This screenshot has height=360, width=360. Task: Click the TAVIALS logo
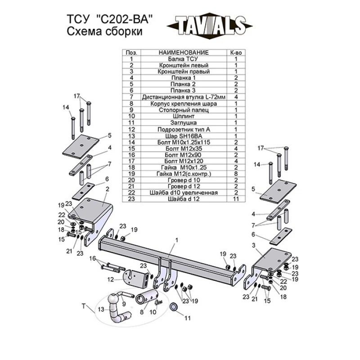209,26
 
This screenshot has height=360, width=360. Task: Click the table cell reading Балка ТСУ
184,59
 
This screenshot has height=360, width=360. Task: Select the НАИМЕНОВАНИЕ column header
184,53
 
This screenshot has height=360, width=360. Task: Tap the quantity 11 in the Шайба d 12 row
236,199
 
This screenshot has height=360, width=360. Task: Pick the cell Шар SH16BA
184,136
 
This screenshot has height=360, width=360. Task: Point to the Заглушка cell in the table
184,123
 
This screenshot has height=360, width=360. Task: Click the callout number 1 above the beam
176,240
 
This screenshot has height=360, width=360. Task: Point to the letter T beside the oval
84,306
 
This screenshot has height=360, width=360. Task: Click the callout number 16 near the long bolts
93,258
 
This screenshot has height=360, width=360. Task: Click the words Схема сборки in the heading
104,31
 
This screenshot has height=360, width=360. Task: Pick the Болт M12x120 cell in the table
184,161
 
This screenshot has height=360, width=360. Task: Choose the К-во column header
236,53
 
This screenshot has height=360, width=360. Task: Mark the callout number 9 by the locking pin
124,304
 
